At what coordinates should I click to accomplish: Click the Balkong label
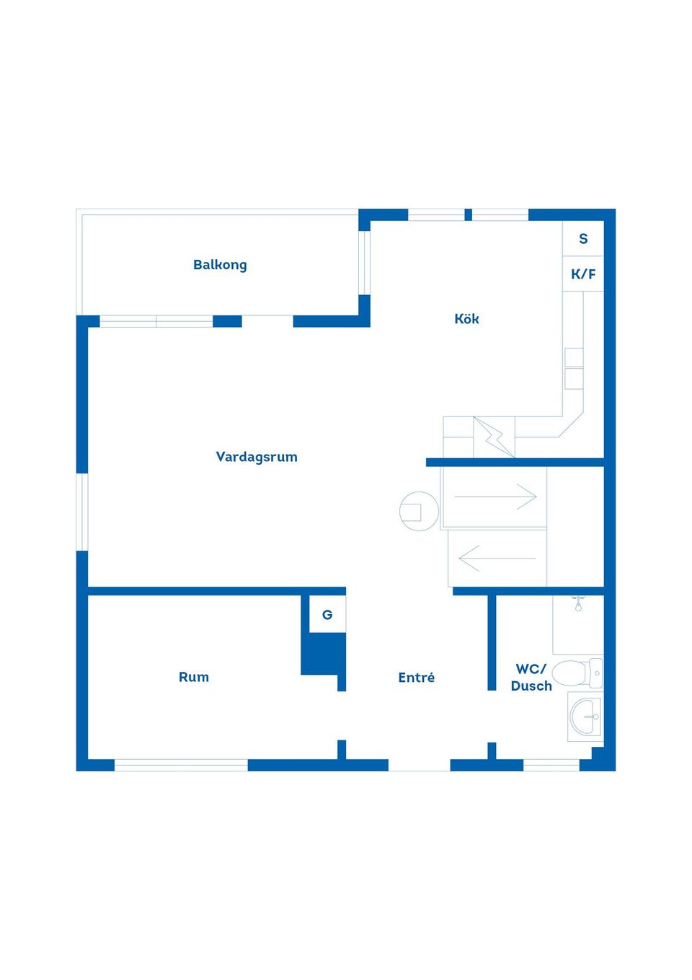click(x=220, y=265)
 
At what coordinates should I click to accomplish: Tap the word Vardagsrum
click(x=257, y=457)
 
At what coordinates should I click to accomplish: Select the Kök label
click(x=466, y=318)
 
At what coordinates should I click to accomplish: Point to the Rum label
click(x=193, y=677)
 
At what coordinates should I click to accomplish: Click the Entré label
click(x=417, y=677)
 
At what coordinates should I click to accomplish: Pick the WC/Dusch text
click(x=531, y=677)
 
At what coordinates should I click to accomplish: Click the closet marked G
click(x=327, y=614)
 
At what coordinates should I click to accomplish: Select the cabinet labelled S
click(x=583, y=238)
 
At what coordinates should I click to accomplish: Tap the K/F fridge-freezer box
click(x=583, y=274)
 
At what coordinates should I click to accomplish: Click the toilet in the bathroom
click(x=577, y=673)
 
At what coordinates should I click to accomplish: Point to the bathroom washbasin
click(x=585, y=717)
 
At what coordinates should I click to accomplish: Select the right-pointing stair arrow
click(x=495, y=496)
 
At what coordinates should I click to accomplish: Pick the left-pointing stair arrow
click(x=497, y=559)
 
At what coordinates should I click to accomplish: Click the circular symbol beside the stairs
click(x=419, y=512)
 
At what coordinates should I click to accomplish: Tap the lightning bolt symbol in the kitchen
click(x=494, y=437)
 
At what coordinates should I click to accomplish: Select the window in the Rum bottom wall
click(x=181, y=765)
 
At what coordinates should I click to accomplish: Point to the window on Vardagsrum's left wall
click(x=82, y=512)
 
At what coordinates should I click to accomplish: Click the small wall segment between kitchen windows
click(x=468, y=215)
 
